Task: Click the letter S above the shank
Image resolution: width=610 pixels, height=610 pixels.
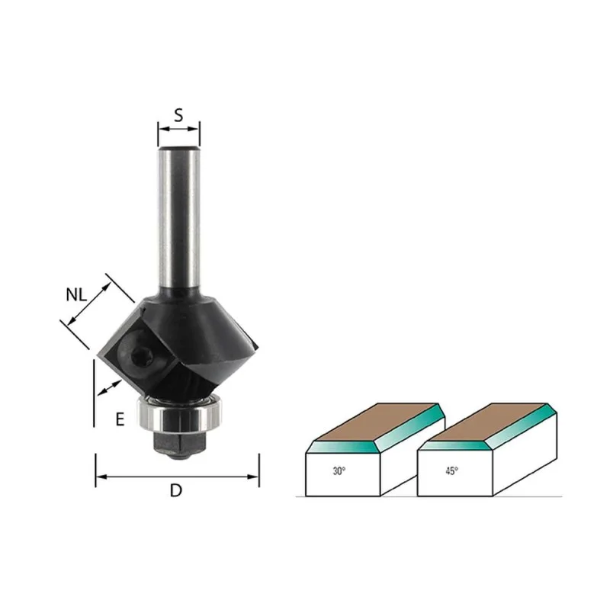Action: point(178,115)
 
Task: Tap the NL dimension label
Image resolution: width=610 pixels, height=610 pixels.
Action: point(76,295)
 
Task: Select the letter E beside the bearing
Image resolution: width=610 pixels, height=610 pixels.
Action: point(120,419)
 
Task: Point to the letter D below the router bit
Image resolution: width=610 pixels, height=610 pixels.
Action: point(176,490)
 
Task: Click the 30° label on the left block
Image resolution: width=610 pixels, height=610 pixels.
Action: point(339,471)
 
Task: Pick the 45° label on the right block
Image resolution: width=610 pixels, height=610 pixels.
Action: point(451,471)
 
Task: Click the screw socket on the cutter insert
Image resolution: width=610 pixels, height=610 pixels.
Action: point(140,355)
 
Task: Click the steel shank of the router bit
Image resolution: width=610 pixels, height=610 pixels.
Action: point(179,218)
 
